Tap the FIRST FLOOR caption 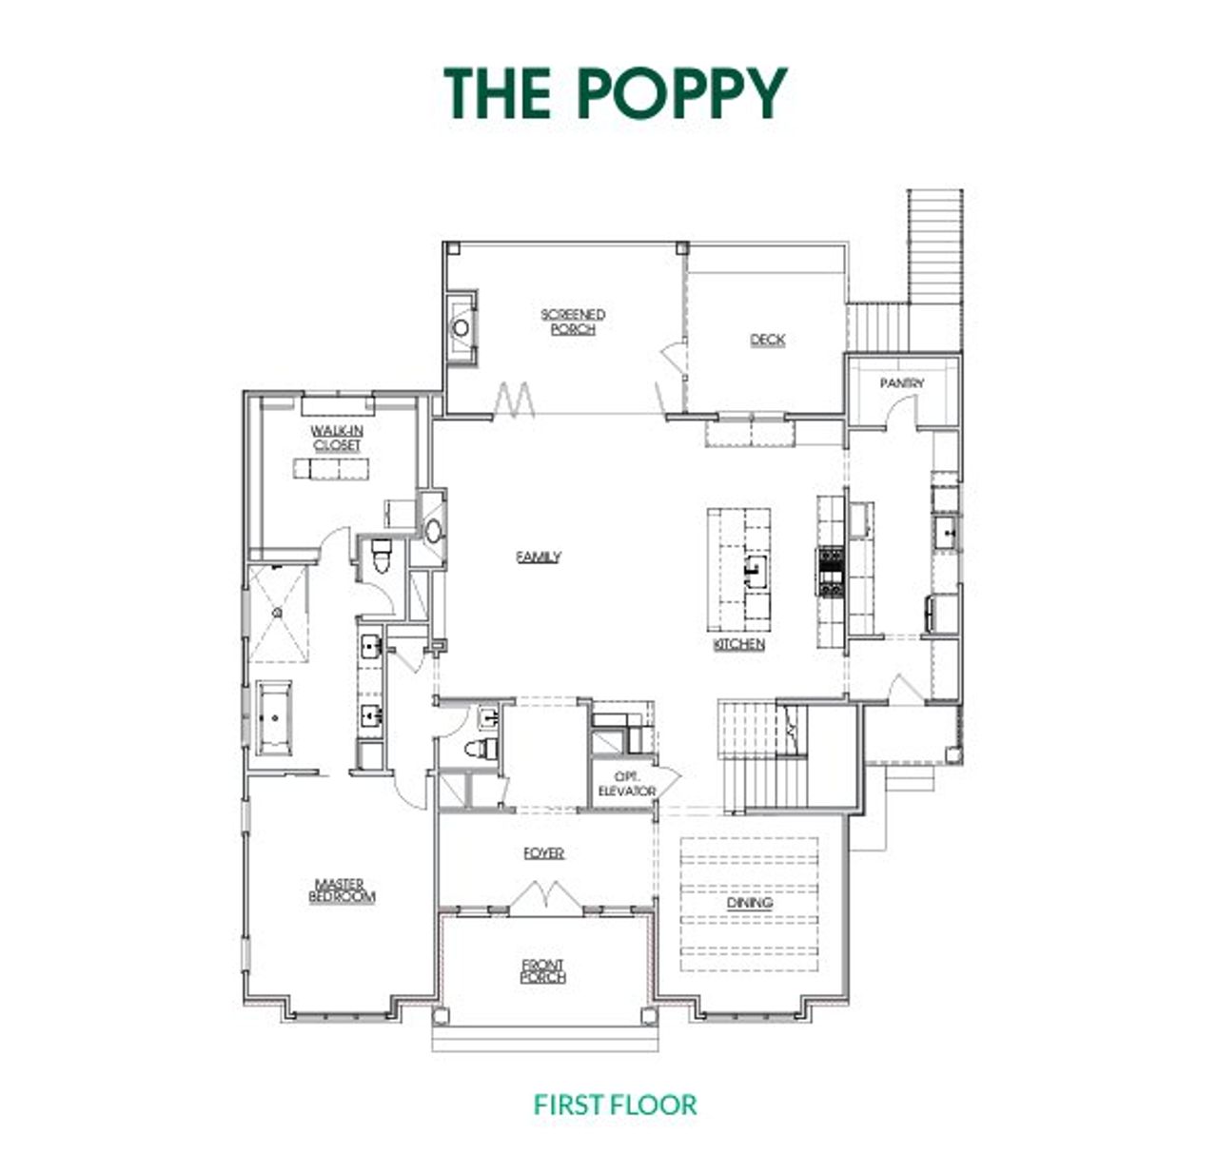pyautogui.click(x=615, y=1105)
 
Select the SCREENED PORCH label pyautogui.click(x=573, y=322)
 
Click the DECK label pyautogui.click(x=767, y=340)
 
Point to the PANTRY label pyautogui.click(x=901, y=382)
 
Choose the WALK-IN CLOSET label pyautogui.click(x=336, y=438)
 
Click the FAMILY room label pyautogui.click(x=539, y=557)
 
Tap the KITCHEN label pyautogui.click(x=738, y=644)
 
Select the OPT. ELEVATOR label pyautogui.click(x=626, y=783)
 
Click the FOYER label pyautogui.click(x=544, y=852)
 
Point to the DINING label pyautogui.click(x=750, y=903)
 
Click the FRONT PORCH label pyautogui.click(x=543, y=970)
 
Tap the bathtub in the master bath pyautogui.click(x=273, y=717)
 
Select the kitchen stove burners pyautogui.click(x=831, y=571)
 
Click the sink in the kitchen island pyautogui.click(x=757, y=572)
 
